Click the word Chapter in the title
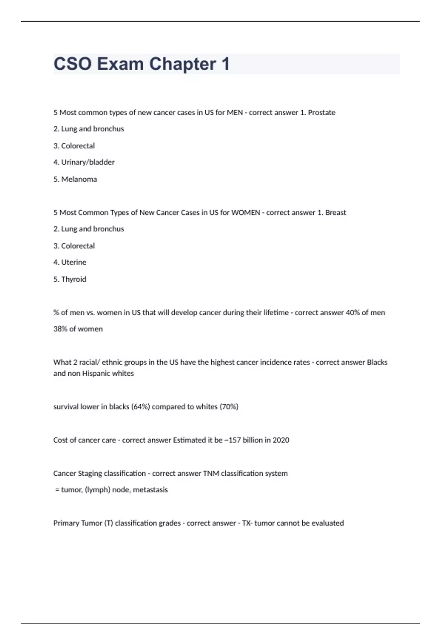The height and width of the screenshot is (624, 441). (182, 64)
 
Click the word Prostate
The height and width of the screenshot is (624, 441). (322, 113)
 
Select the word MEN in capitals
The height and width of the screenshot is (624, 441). (235, 113)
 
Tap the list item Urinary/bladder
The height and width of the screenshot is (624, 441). (88, 162)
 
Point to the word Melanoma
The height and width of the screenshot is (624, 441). (79, 179)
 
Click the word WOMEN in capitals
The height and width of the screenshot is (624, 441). (245, 213)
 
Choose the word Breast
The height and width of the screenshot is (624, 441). (336, 213)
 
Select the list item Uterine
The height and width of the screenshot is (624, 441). (73, 262)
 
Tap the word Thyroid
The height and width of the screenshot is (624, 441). (73, 279)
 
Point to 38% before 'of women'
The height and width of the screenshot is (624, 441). (60, 329)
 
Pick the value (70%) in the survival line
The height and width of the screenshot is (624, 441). (229, 407)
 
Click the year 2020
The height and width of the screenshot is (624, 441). (280, 440)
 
